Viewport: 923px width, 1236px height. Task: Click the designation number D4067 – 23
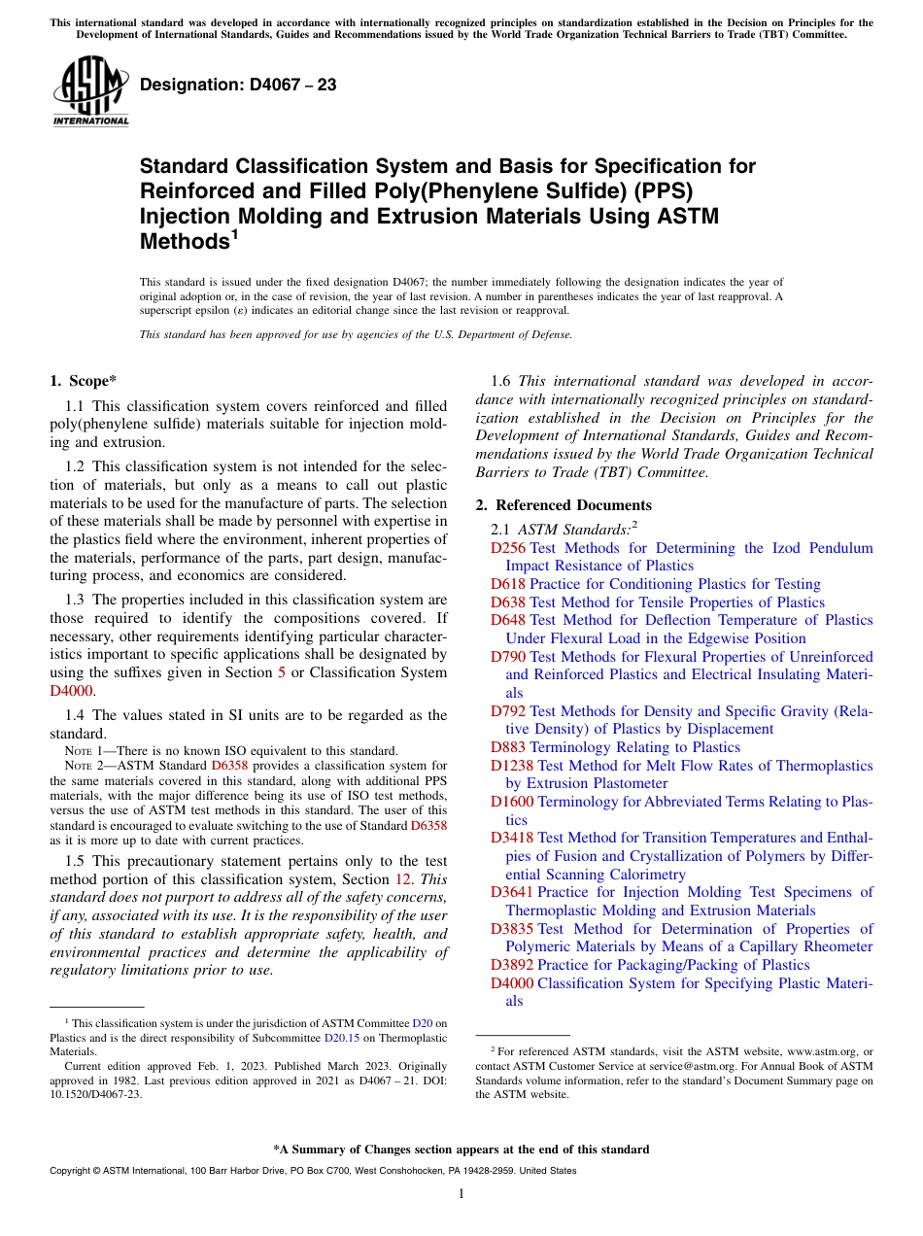pyautogui.click(x=238, y=85)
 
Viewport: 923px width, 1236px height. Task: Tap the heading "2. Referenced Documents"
pyautogui.click(x=564, y=505)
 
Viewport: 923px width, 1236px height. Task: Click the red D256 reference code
pyautogui.click(x=508, y=548)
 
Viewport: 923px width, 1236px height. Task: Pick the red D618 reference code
pyautogui.click(x=508, y=584)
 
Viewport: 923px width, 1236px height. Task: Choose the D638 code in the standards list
pyautogui.click(x=508, y=602)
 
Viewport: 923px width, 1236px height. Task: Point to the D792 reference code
pyautogui.click(x=508, y=711)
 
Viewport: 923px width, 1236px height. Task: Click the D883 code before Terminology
pyautogui.click(x=508, y=747)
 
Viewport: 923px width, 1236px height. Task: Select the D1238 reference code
pyautogui.click(x=512, y=766)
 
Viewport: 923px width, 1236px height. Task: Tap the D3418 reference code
pyautogui.click(x=512, y=838)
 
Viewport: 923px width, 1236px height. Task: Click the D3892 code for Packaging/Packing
pyautogui.click(x=512, y=965)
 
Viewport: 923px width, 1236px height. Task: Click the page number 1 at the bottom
pyautogui.click(x=461, y=1193)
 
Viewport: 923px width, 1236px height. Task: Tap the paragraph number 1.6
pyautogui.click(x=504, y=381)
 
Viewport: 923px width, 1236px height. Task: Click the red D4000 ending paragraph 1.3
pyautogui.click(x=69, y=691)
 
